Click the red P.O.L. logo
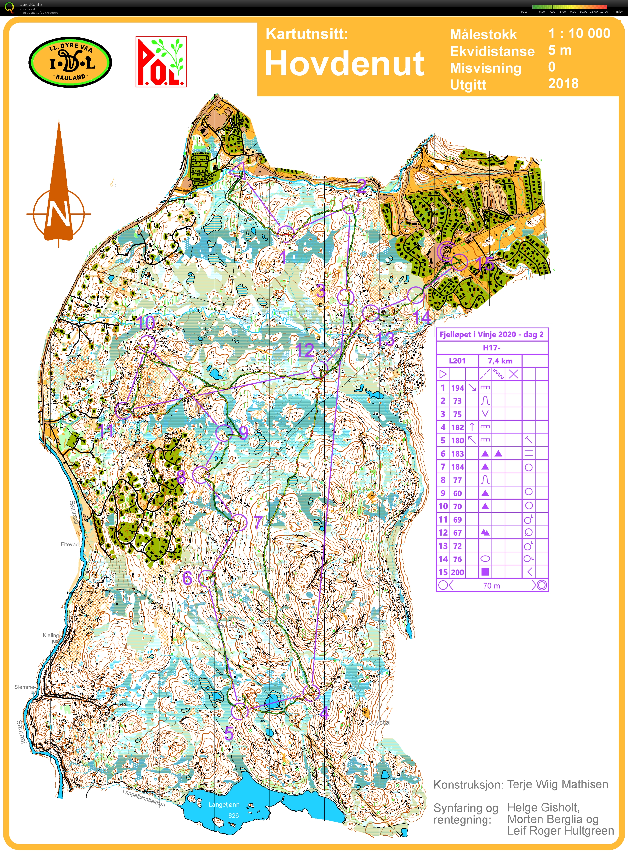tap(161, 62)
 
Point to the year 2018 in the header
tap(563, 83)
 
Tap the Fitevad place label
tap(70, 544)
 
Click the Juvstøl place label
tap(380, 722)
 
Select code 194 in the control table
tap(457, 388)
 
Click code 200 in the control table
tap(457, 572)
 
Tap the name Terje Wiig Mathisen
tap(558, 784)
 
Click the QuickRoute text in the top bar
tap(30, 4)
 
